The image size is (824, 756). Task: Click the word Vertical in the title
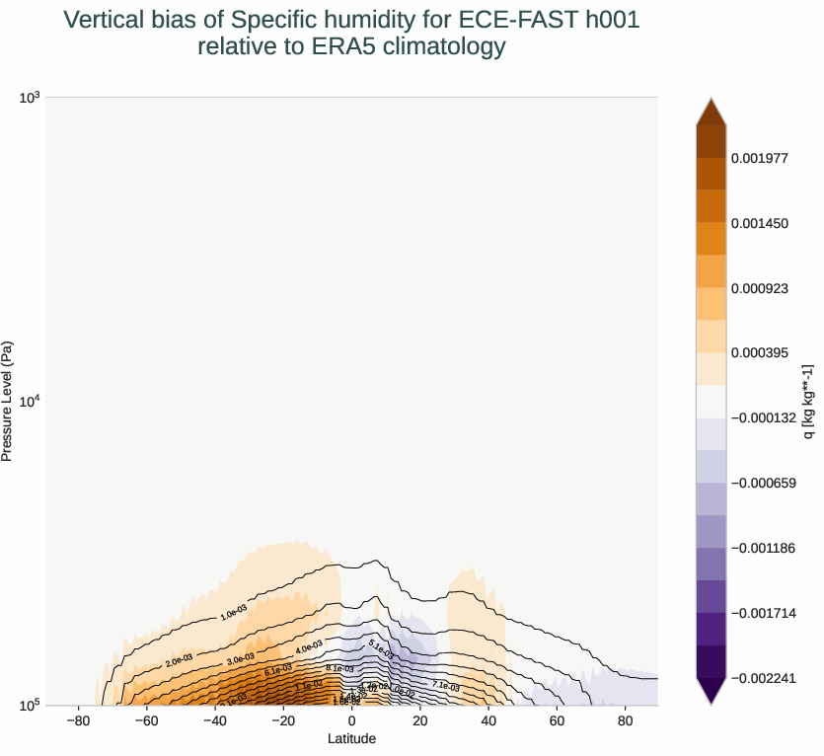(102, 20)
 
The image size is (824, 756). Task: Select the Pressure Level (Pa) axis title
(8, 401)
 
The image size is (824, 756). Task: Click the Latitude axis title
(352, 738)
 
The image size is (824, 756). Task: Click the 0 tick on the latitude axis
(351, 721)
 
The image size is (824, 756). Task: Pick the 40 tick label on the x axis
(487, 721)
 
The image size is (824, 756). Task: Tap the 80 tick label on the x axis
(624, 721)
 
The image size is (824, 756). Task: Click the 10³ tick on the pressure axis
(30, 97)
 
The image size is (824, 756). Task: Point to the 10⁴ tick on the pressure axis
(30, 401)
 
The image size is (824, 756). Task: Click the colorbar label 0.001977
(759, 158)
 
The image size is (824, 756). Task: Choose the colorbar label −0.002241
(763, 678)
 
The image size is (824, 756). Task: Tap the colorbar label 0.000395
(759, 352)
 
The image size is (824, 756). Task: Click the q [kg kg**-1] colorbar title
(808, 401)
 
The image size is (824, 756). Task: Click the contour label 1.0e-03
(234, 614)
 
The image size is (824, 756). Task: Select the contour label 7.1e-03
(446, 685)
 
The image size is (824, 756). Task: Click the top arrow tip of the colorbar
(712, 100)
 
